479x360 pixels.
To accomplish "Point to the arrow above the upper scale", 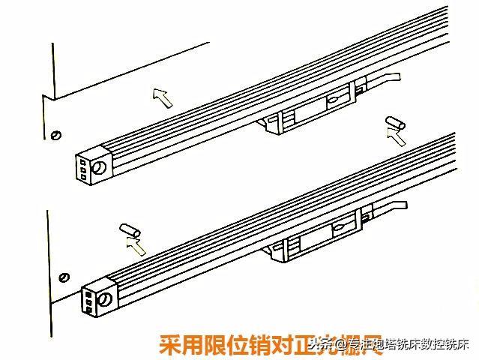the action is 160,95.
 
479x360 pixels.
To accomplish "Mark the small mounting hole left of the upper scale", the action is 55,134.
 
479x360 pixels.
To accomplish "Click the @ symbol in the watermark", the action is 340,346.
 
